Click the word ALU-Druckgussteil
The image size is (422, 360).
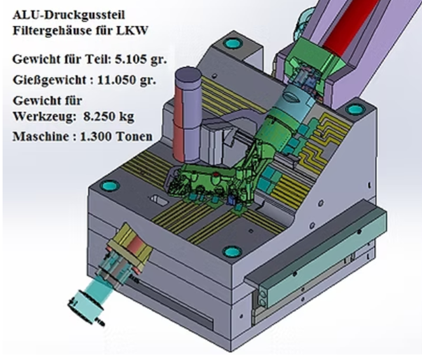click(69, 15)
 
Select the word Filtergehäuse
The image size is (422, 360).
click(51, 30)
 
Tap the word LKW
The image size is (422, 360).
click(132, 30)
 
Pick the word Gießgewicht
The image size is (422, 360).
click(50, 81)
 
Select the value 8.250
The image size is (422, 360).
click(100, 116)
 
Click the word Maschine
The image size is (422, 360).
click(41, 137)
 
